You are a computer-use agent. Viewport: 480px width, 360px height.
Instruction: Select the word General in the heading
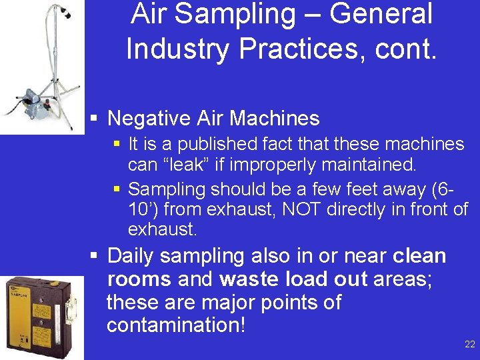click(x=378, y=13)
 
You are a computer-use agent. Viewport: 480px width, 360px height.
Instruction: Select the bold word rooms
click(x=137, y=279)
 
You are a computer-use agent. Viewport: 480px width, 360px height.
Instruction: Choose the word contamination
click(x=173, y=325)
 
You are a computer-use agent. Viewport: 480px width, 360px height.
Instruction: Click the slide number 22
click(x=470, y=345)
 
